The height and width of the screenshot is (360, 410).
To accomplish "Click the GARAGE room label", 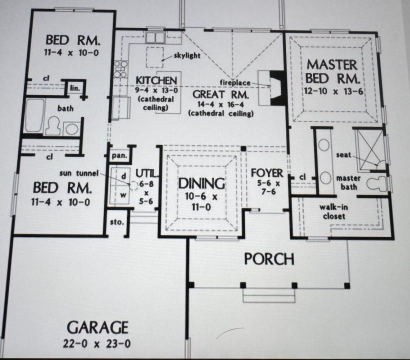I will click(x=97, y=328).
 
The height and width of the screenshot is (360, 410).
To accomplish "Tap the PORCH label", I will click(x=269, y=259).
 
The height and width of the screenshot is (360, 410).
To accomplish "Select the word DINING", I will click(x=201, y=183).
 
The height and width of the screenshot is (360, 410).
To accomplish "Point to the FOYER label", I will click(x=267, y=173).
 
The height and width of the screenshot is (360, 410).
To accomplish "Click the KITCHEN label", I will click(x=156, y=80).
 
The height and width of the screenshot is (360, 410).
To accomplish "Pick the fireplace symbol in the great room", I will click(x=274, y=87).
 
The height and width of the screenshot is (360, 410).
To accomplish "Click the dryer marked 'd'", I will click(x=123, y=176).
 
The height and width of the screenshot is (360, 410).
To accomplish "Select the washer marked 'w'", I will click(x=122, y=194).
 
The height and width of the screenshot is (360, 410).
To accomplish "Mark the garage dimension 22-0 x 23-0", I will click(x=97, y=343).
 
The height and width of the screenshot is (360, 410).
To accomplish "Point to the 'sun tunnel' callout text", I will click(x=79, y=173).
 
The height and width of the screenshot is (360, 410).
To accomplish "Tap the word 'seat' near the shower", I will click(x=342, y=154).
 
